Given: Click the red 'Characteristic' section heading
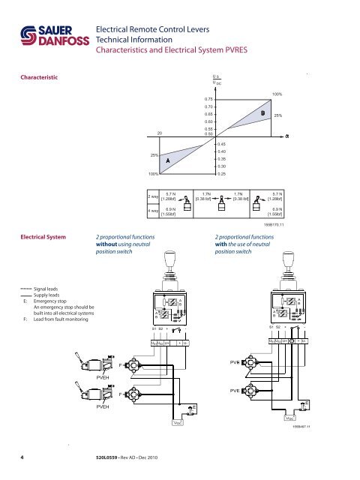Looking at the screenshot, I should tap(44, 76).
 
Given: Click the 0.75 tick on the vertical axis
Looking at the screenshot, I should tap(209, 97).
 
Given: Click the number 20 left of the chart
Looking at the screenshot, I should tap(160, 133).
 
